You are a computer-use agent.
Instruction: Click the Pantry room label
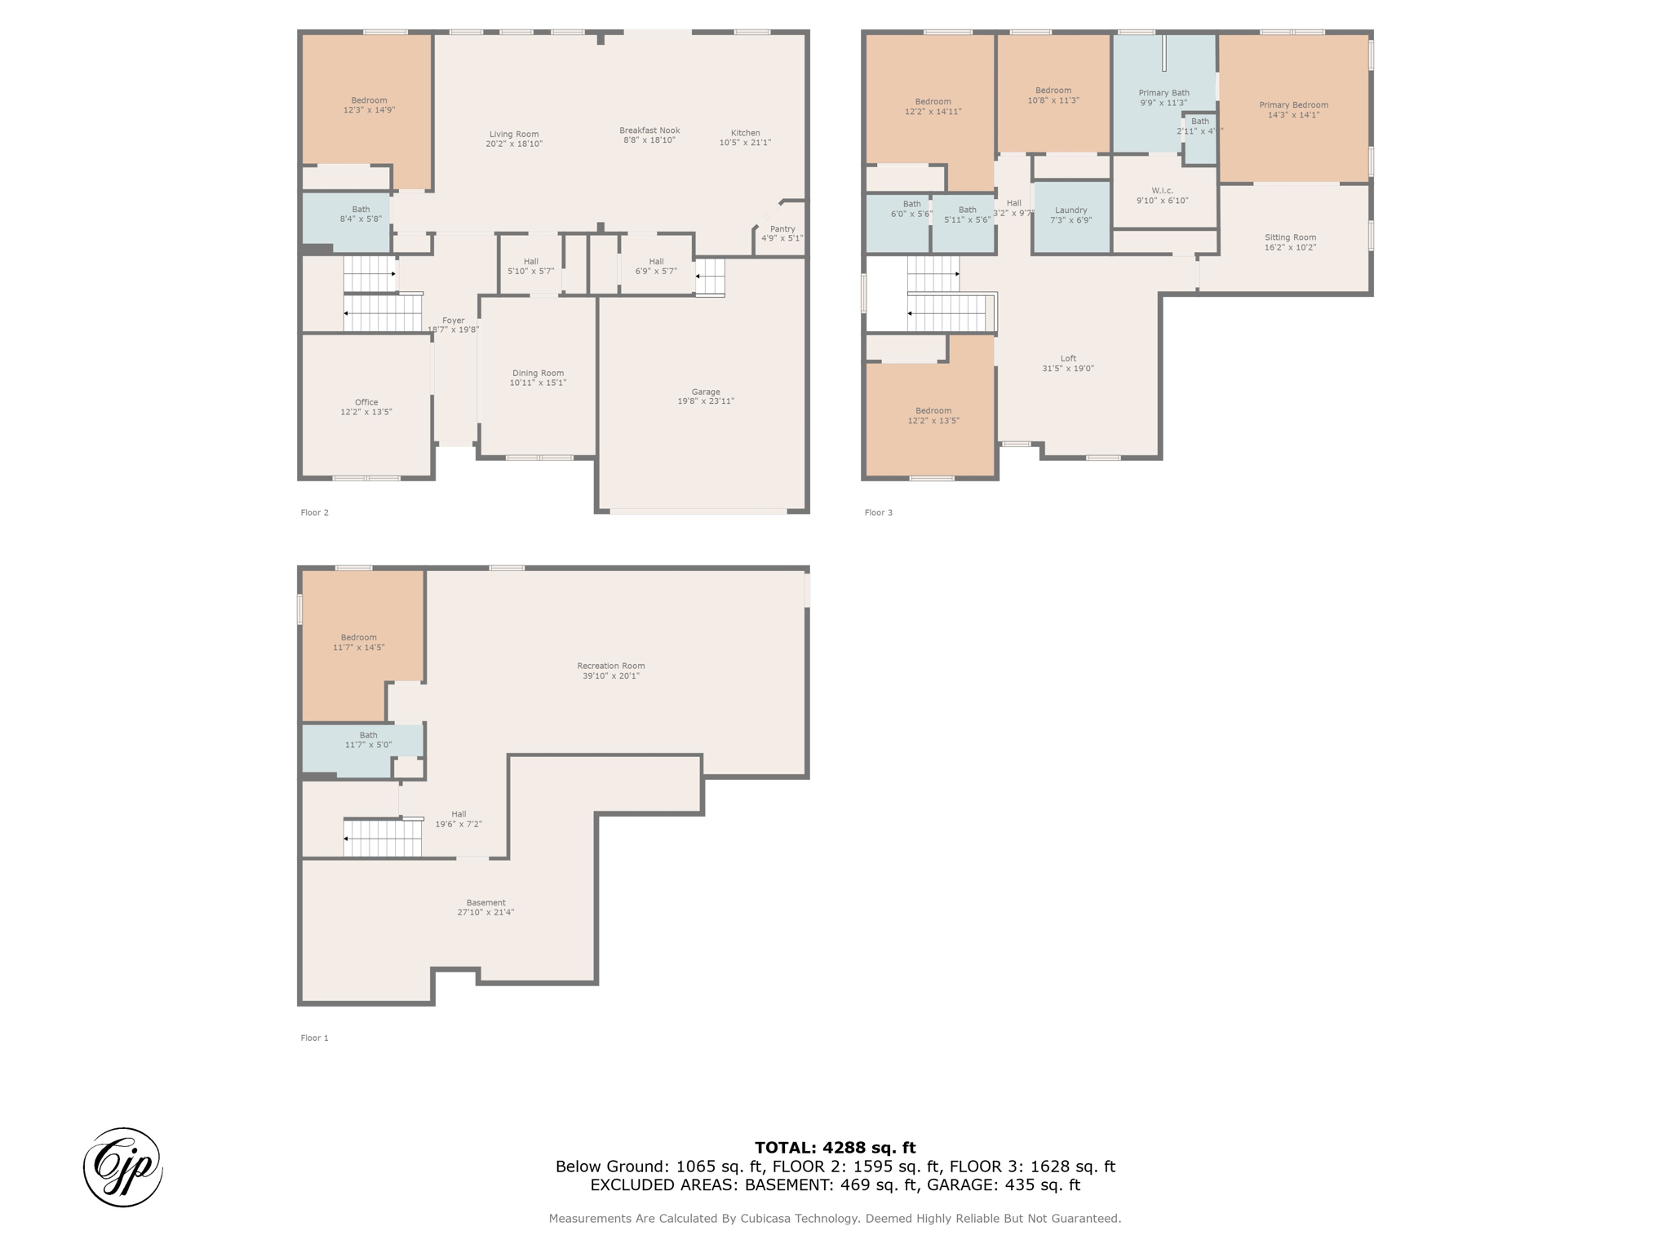782,229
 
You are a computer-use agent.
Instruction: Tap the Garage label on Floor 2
706,392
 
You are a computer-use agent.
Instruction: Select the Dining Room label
538,373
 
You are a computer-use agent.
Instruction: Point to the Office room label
366,402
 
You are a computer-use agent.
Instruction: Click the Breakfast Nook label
649,131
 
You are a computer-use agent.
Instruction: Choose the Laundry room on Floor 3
1071,215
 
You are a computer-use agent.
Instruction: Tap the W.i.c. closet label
1163,191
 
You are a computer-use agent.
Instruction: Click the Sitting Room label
1291,237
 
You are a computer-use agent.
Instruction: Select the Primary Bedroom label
1293,105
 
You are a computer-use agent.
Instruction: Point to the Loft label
1068,358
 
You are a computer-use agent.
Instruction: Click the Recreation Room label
611,666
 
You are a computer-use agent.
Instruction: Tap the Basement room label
486,902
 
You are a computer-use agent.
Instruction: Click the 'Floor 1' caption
314,1038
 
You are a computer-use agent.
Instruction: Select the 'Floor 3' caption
879,512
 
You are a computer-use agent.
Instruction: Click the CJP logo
123,1167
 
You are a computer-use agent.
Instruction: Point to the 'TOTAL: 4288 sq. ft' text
835,1148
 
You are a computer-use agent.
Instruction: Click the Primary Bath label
1163,93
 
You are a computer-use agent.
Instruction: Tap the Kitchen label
745,133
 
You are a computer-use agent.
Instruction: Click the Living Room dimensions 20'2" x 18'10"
514,144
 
